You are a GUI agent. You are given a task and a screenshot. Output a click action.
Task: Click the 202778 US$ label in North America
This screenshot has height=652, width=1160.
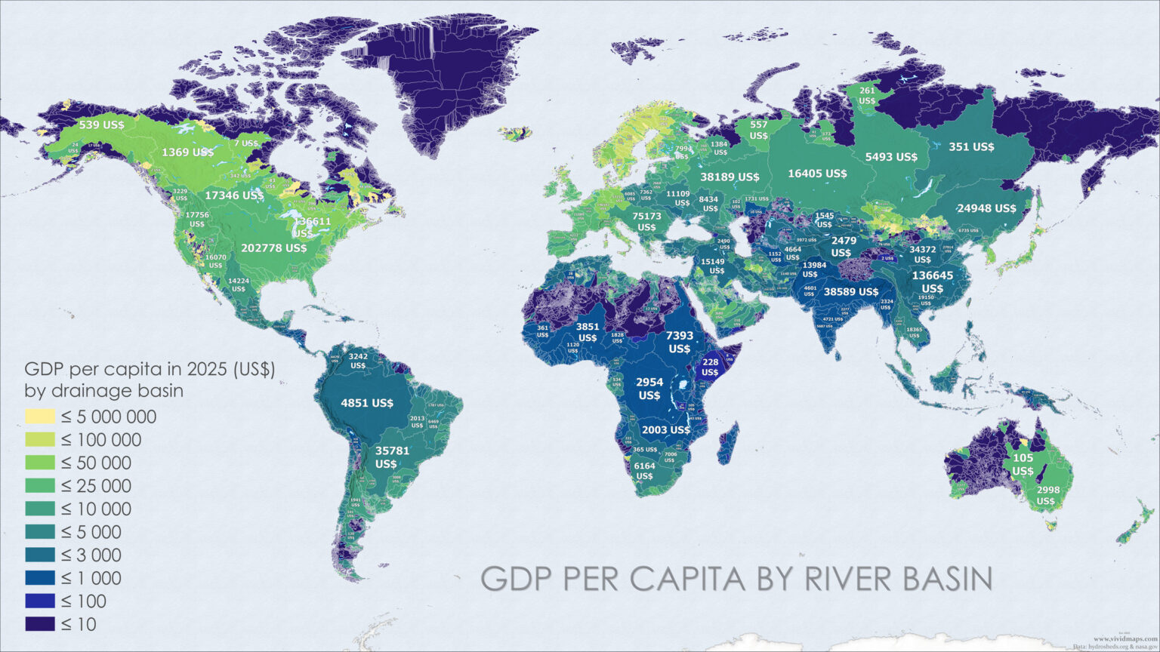pyautogui.click(x=273, y=248)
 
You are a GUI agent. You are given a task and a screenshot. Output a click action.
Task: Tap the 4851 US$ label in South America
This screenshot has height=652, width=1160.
pyautogui.click(x=367, y=403)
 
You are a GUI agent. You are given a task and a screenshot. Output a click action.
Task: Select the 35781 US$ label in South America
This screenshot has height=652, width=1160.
pyautogui.click(x=392, y=457)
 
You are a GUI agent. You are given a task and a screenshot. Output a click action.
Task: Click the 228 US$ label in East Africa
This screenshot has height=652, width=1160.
pyautogui.click(x=710, y=368)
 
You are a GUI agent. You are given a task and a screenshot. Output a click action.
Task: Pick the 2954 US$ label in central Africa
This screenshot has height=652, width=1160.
pyautogui.click(x=649, y=389)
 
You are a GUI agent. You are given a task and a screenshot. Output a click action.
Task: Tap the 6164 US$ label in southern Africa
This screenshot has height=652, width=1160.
pyautogui.click(x=644, y=471)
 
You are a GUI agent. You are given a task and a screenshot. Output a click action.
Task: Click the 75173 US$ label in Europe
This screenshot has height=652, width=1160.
pyautogui.click(x=646, y=221)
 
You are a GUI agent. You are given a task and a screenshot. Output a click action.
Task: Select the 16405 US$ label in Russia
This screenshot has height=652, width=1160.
pyautogui.click(x=817, y=174)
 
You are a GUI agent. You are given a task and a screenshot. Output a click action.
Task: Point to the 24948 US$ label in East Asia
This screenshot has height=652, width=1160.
pyautogui.click(x=986, y=208)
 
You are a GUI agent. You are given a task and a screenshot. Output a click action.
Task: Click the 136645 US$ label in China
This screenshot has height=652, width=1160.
pyautogui.click(x=933, y=281)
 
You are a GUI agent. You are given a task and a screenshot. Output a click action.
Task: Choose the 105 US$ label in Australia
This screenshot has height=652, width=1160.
pyautogui.click(x=1023, y=464)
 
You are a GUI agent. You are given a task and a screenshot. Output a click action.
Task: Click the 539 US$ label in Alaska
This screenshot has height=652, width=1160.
pyautogui.click(x=102, y=124)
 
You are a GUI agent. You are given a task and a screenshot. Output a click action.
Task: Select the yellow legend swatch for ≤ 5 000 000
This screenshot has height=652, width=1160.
pyautogui.click(x=40, y=417)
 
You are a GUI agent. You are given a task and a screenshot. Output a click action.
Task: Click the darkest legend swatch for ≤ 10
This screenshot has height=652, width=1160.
pyautogui.click(x=40, y=624)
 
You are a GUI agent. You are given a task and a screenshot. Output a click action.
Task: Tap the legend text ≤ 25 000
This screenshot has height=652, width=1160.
pyautogui.click(x=96, y=486)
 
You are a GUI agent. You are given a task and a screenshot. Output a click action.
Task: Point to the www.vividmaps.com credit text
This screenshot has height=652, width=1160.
pyautogui.click(x=1125, y=638)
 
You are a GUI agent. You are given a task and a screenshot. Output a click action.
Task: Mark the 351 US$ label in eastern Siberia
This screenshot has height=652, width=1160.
pyautogui.click(x=971, y=147)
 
